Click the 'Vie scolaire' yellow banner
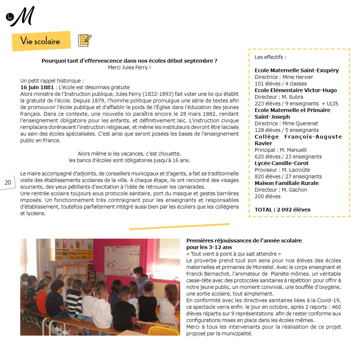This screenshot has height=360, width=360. (41, 41)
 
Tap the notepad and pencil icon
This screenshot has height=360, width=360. (85, 40)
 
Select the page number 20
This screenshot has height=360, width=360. (8, 182)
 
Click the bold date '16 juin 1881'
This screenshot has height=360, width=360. (37, 87)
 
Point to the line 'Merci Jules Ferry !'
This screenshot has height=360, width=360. (129, 67)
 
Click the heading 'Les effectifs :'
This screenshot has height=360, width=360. (270, 57)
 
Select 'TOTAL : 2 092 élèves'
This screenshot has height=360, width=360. (282, 210)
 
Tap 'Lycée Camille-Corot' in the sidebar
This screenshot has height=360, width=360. (282, 163)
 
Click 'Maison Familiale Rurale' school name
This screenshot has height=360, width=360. (287, 183)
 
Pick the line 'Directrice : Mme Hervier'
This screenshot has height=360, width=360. (284, 77)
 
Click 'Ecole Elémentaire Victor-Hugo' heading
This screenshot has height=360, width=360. (296, 90)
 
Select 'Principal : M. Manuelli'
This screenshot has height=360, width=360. (280, 150)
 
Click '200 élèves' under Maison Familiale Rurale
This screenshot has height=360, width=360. (268, 196)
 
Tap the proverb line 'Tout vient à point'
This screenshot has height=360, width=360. (234, 254)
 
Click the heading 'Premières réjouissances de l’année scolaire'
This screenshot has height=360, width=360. (244, 241)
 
